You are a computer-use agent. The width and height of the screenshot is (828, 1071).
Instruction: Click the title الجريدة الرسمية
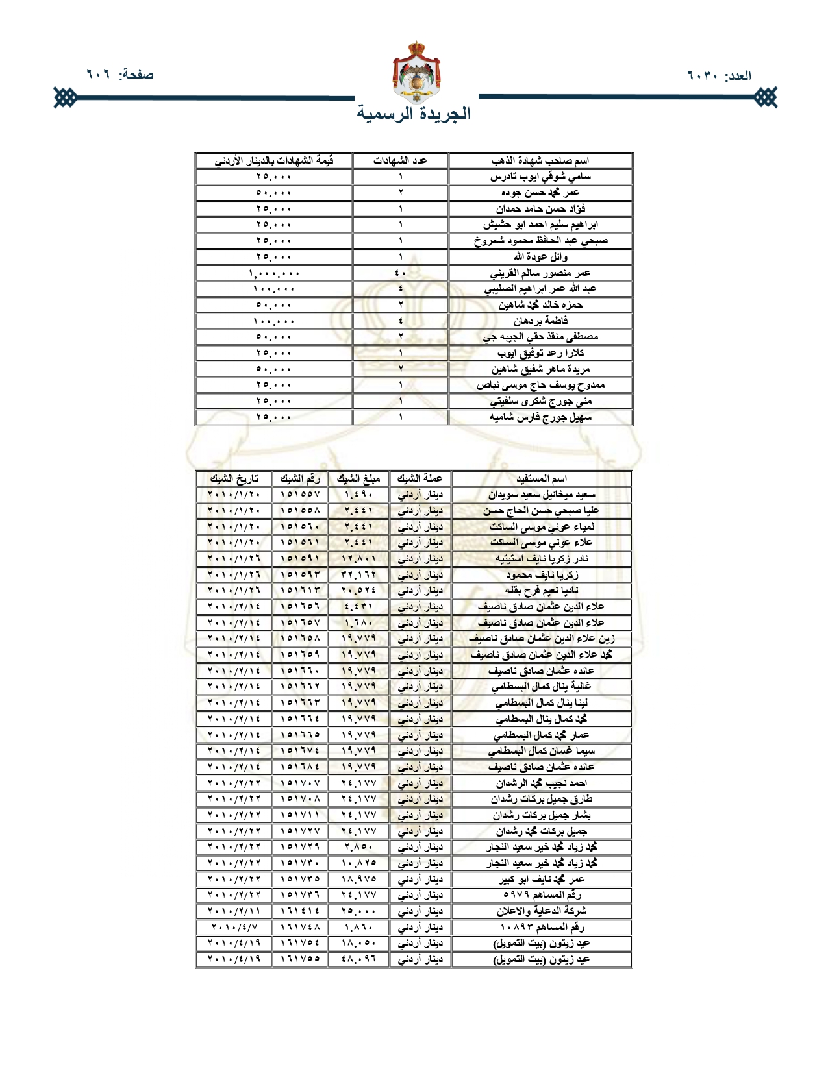414,114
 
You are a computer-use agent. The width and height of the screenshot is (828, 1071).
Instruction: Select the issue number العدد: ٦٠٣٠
719,75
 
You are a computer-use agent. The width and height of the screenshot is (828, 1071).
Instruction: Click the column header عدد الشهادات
400,160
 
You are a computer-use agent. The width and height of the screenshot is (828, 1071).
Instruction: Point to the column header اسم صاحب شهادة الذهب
540,160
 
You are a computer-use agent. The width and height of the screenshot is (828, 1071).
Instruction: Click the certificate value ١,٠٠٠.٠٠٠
274,273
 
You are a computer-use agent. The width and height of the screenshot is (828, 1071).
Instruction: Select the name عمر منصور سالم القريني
540,273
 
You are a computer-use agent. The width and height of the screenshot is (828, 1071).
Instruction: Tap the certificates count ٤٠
400,273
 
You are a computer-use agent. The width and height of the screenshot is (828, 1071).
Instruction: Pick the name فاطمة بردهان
540,321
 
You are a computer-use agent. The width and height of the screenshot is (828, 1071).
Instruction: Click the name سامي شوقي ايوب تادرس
540,177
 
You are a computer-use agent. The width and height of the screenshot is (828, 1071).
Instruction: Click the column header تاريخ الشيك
234,479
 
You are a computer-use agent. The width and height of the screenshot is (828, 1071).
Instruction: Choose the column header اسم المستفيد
542,479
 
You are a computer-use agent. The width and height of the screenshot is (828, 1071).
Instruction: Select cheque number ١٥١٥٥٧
300,495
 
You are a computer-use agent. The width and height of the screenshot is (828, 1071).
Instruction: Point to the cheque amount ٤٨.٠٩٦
358,959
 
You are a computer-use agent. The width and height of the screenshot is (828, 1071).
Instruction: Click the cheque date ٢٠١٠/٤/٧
234,928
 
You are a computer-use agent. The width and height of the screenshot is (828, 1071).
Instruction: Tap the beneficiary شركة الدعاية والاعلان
542,911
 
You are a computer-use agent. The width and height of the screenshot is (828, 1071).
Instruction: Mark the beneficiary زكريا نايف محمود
542,575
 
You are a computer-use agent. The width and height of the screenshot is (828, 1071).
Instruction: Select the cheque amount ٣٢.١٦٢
358,575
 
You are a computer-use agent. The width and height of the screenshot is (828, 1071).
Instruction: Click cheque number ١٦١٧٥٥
300,959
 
